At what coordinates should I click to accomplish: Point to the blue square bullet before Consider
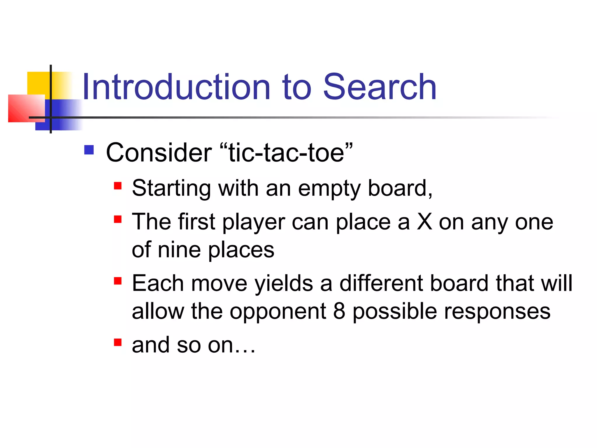pos(89,150)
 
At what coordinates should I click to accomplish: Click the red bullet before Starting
pos(117,186)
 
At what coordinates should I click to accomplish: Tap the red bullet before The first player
pos(117,219)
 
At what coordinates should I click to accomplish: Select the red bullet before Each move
pos(117,281)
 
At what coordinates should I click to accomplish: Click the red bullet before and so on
pos(117,342)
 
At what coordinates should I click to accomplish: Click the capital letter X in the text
pos(424,222)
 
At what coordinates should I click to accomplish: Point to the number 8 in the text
pos(339,311)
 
